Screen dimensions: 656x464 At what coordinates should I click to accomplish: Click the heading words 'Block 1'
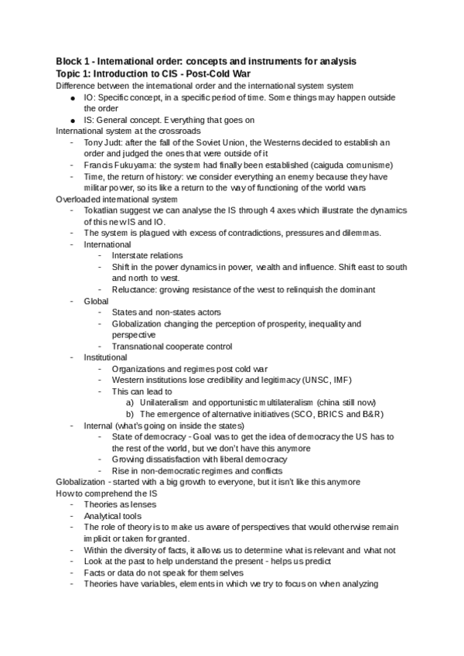click(75, 61)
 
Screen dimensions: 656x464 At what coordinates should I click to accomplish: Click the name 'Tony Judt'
click(104, 142)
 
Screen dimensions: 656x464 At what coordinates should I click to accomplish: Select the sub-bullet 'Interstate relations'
click(147, 255)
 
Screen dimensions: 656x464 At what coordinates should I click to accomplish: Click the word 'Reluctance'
click(135, 289)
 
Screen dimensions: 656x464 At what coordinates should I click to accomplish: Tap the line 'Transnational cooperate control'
click(172, 347)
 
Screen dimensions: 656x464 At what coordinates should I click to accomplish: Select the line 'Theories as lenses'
click(119, 504)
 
